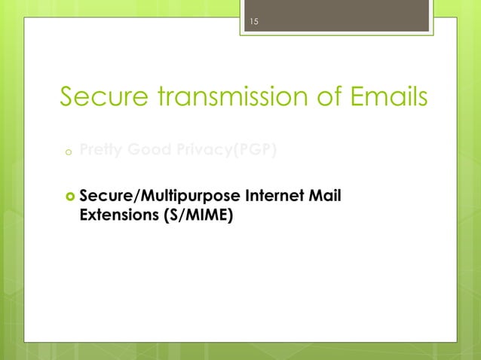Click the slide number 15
(x=254, y=23)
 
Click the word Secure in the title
(x=107, y=98)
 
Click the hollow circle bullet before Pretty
(x=66, y=154)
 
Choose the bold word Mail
(x=326, y=197)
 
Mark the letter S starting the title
(x=67, y=98)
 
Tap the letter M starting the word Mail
(x=317, y=197)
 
